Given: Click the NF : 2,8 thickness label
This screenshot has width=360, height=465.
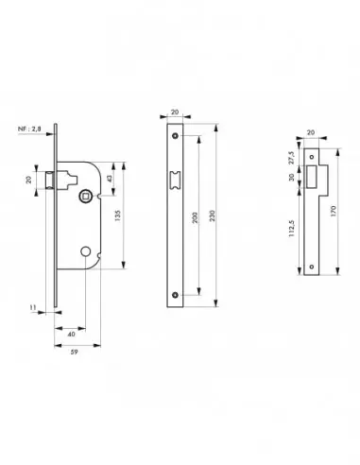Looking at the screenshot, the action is click(x=29, y=129).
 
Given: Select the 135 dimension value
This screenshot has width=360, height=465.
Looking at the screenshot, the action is click(x=118, y=215).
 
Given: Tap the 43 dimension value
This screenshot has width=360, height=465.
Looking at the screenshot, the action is click(x=110, y=179).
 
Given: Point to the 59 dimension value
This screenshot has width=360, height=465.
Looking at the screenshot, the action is click(x=74, y=353).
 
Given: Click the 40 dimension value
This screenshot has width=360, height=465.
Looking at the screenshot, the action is click(x=72, y=334).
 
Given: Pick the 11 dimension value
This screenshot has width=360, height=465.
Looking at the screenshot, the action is click(x=33, y=307).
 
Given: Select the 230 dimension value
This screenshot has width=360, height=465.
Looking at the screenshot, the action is click(x=213, y=215).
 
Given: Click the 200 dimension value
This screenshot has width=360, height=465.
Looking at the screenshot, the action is click(x=196, y=218).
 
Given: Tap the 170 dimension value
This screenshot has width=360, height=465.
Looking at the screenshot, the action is click(x=334, y=211).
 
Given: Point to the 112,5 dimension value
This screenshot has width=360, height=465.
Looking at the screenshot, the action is click(x=291, y=229).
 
